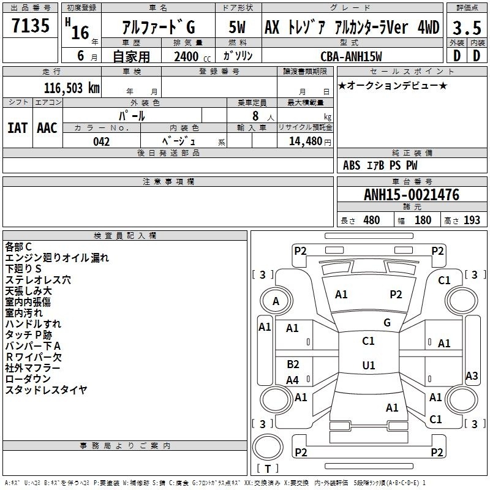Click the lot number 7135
pyautogui.click(x=31, y=25)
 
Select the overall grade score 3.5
pyautogui.click(x=467, y=28)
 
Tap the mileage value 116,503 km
pyautogui.click(x=72, y=88)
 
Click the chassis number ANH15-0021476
pyautogui.click(x=412, y=195)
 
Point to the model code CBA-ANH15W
pyautogui.click(x=351, y=56)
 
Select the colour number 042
pyautogui.click(x=102, y=141)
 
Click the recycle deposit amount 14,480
pyautogui.click(x=305, y=141)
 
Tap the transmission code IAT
pyautogui.click(x=18, y=128)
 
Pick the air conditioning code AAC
pyautogui.click(x=47, y=128)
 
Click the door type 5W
pyautogui.click(x=237, y=27)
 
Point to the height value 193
pyautogui.click(x=472, y=220)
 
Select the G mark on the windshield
pyautogui.click(x=387, y=323)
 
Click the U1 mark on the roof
pyautogui.click(x=369, y=365)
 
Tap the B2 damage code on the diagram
pyautogui.click(x=293, y=364)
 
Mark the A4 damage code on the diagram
pyautogui.click(x=293, y=380)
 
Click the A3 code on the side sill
pyautogui.click(x=472, y=375)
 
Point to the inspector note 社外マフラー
pyautogui.click(x=32, y=368)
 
